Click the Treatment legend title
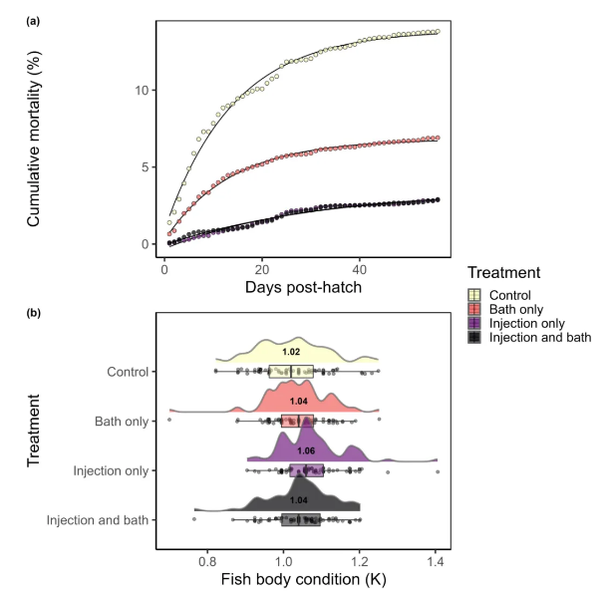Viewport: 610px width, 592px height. point(505,271)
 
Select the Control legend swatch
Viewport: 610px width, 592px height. point(476,294)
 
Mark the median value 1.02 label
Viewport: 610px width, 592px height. point(291,352)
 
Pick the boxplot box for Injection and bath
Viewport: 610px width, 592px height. point(301,519)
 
